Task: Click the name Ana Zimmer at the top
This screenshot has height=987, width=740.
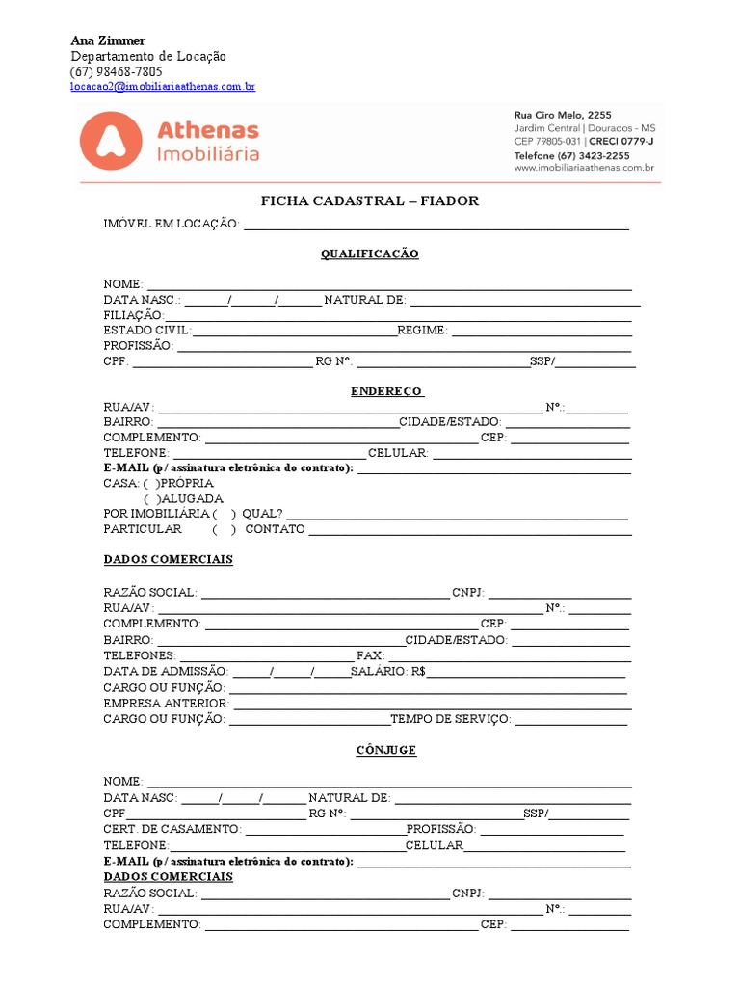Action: [x=108, y=40]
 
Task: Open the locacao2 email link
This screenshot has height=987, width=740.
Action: [x=162, y=87]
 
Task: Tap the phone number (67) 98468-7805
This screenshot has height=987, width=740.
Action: [x=116, y=72]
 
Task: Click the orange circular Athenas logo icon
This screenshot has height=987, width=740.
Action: [x=109, y=140]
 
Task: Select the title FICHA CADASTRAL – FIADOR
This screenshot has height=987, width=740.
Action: [x=370, y=200]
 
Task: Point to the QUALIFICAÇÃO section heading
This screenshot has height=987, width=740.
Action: [x=370, y=253]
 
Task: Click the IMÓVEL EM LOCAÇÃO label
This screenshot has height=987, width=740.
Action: [x=171, y=224]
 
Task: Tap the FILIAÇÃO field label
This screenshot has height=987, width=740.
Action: [x=134, y=315]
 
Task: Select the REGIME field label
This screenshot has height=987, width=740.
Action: [x=422, y=331]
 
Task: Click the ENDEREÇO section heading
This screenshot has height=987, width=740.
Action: [x=385, y=391]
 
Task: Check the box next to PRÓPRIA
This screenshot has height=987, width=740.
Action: [x=151, y=483]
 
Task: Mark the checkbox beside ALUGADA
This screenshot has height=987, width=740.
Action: [x=151, y=499]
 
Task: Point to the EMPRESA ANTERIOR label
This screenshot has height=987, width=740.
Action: [x=167, y=704]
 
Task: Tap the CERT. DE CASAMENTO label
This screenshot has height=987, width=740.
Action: [x=172, y=829]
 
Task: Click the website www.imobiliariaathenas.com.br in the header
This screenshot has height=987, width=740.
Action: [x=584, y=168]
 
